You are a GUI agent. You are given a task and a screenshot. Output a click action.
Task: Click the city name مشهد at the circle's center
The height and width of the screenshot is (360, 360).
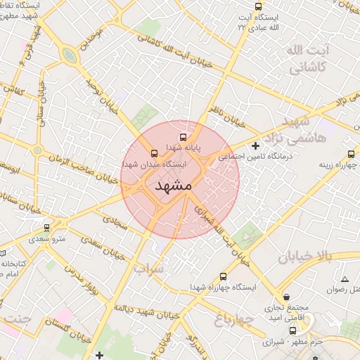click(172, 186)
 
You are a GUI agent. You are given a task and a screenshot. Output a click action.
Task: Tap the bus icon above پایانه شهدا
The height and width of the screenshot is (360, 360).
click(184, 138)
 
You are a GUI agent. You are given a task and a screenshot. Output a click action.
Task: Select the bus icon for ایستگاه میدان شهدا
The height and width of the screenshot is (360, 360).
click(155, 153)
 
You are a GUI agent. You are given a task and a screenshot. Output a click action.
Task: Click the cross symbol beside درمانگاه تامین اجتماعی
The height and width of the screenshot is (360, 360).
click(255, 146)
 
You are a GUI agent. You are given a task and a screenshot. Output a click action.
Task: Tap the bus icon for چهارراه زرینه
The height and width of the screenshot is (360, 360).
click(352, 154)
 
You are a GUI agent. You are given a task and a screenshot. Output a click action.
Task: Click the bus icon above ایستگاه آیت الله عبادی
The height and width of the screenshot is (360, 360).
click(258, 6)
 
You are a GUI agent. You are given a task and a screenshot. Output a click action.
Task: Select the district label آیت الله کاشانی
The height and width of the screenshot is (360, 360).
click(304, 60)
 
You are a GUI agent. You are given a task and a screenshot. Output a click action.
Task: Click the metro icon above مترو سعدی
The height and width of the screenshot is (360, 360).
click(47, 228)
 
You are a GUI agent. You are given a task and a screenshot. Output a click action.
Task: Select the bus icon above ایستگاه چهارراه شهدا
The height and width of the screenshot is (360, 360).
click(224, 276)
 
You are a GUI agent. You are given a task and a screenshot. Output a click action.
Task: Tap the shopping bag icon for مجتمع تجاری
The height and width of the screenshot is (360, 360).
click(285, 297)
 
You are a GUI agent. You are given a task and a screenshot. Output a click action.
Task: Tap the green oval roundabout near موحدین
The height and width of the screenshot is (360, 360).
click(68, 55)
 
